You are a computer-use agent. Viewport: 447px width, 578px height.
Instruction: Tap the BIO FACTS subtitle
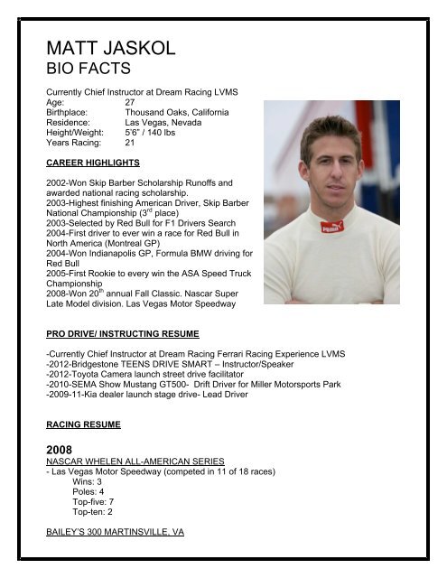click(88, 68)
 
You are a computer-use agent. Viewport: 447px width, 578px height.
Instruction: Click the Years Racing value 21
click(130, 143)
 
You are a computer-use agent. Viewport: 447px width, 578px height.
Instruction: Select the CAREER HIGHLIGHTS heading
click(93, 163)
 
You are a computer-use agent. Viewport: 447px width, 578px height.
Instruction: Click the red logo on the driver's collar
click(332, 226)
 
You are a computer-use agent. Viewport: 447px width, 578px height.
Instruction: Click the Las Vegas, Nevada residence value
click(163, 123)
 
